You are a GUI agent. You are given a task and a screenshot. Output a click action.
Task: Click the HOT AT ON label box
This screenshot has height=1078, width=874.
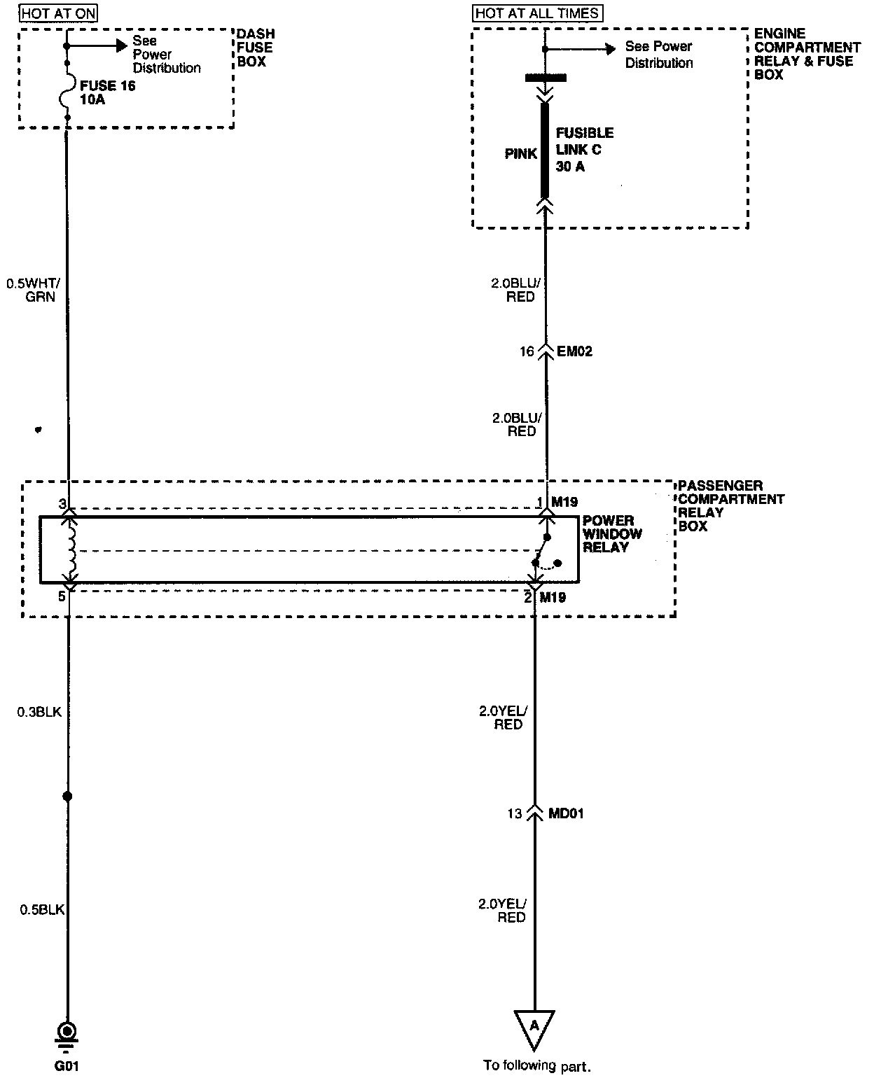[x=59, y=13]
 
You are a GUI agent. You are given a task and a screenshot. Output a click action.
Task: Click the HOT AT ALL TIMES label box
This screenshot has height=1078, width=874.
[x=538, y=13]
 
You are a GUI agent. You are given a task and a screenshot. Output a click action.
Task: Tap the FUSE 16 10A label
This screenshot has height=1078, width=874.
[x=107, y=93]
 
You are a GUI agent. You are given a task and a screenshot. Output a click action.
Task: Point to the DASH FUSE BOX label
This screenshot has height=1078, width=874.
[x=255, y=48]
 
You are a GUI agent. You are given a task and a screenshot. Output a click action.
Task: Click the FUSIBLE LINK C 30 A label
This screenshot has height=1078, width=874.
[x=584, y=150]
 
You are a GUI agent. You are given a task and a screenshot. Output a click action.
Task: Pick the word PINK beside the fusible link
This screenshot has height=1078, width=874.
[x=520, y=154]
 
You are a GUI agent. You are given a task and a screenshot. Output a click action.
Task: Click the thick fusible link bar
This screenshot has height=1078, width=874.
[x=545, y=150]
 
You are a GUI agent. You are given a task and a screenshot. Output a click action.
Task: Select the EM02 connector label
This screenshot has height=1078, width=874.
[x=574, y=351]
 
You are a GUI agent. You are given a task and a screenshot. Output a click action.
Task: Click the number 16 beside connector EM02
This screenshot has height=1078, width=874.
[x=527, y=351]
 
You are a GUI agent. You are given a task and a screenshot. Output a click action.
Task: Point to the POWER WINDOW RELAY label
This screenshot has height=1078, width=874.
[x=611, y=534]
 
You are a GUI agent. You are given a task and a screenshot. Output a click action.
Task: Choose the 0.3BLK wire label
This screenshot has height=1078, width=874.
[x=40, y=713]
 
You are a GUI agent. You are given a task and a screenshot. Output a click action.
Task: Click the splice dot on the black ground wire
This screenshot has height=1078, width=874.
[x=68, y=797]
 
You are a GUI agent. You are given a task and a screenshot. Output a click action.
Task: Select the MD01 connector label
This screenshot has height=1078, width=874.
[x=567, y=813]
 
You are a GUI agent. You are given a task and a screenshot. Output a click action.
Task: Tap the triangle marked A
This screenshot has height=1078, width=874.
[x=534, y=1028]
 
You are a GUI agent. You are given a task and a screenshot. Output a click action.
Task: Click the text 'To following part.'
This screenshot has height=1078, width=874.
[x=537, y=1066]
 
